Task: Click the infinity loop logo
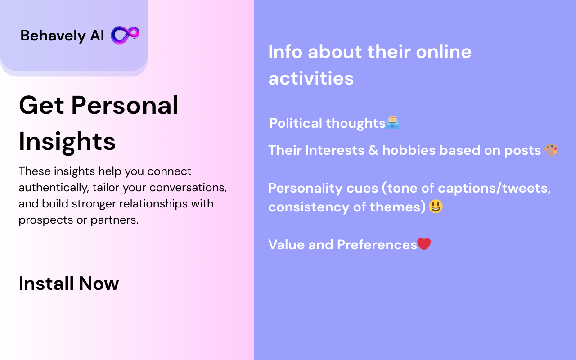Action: (125, 35)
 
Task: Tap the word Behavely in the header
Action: (53, 36)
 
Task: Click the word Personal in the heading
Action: (125, 105)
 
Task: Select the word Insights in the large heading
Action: (67, 142)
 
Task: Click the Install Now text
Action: (69, 283)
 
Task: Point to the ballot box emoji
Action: (392, 122)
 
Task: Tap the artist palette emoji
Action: (551, 150)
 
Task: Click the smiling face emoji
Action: (436, 206)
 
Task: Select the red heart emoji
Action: (424, 244)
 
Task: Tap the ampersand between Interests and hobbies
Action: (373, 150)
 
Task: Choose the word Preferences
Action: (377, 244)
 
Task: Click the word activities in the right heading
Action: (311, 78)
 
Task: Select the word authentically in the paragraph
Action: (54, 188)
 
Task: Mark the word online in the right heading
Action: (444, 52)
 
